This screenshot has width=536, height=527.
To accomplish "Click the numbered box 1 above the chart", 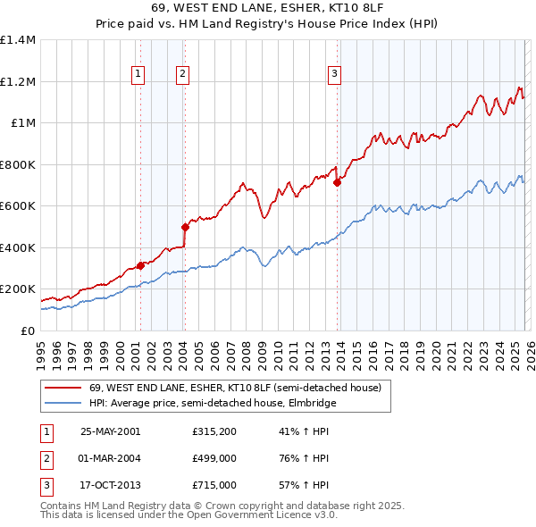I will click(x=139, y=75).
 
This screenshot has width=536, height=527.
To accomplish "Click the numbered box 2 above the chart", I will click(x=182, y=75).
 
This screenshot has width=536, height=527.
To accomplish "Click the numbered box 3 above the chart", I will click(x=334, y=75).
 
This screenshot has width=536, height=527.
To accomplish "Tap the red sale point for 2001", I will click(x=140, y=265).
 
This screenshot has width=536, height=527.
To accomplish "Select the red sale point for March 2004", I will click(x=185, y=227).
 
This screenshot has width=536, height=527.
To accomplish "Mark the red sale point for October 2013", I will click(x=337, y=182).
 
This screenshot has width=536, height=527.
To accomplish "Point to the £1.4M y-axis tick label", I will click(x=18, y=40).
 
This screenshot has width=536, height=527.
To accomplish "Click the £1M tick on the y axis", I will click(x=22, y=123).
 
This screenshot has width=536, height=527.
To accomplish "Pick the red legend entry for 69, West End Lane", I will click(x=235, y=388).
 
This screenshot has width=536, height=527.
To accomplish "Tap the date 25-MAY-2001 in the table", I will click(x=110, y=431).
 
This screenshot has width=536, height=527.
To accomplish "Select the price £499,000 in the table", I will click(x=214, y=458).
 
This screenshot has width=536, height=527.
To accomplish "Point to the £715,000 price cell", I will click(x=214, y=485).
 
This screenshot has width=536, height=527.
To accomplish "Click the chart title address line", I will click(x=267, y=11).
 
